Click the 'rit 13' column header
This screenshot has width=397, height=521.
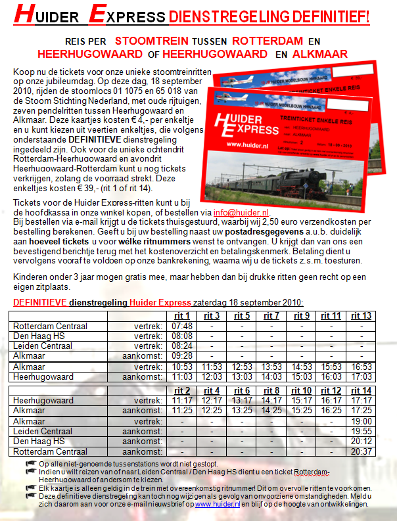tap(362, 316)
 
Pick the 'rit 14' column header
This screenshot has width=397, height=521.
tap(362, 390)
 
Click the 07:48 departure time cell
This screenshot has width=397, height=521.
tap(181, 326)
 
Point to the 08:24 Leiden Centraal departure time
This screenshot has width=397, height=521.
tap(181, 346)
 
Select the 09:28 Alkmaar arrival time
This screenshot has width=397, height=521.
tap(181, 355)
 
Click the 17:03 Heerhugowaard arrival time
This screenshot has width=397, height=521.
tap(362, 377)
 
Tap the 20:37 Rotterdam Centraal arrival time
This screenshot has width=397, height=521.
tap(362, 451)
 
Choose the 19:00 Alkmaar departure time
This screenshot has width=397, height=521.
tap(362, 421)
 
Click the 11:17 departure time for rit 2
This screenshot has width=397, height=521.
tap(181, 400)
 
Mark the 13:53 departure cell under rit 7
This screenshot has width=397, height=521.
tap(271, 367)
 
